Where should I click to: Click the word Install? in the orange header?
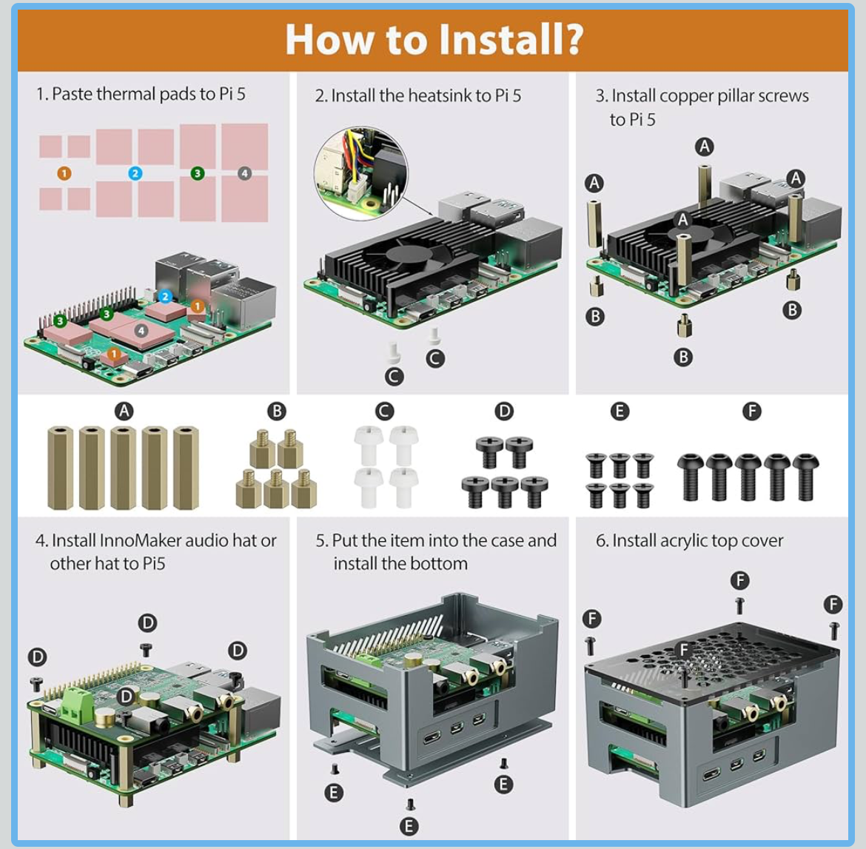pos(510,39)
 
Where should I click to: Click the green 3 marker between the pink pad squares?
pos(197,173)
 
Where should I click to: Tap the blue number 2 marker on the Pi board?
pos(165,296)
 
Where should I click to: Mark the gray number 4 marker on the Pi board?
pos(141,331)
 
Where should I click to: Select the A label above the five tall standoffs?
pos(124,412)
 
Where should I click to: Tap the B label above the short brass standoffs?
pos(276,412)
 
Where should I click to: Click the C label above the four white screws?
pos(384,412)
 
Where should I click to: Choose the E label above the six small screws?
pos(620,412)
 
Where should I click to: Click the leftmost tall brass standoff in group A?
pos(61,468)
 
